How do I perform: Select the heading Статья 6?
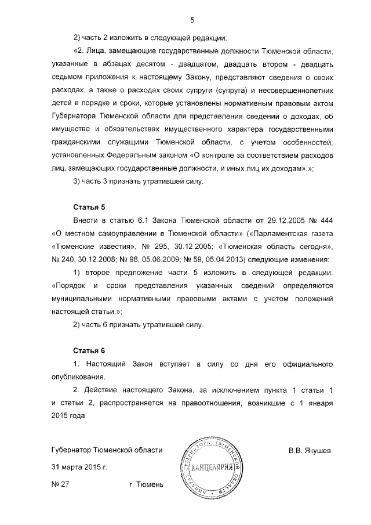tap(88, 350)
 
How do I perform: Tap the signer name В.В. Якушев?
tap(310, 450)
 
